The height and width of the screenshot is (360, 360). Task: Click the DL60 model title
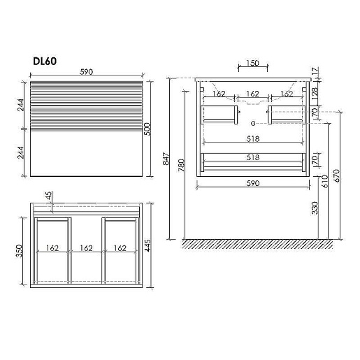click(x=45, y=61)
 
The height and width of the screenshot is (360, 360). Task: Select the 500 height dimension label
click(x=147, y=129)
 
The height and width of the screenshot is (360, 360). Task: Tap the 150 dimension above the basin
click(x=252, y=63)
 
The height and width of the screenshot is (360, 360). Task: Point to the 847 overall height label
click(x=166, y=159)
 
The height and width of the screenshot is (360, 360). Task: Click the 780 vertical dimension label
click(x=181, y=165)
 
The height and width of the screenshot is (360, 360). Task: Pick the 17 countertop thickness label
click(x=315, y=71)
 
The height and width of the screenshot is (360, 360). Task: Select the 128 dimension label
click(x=315, y=93)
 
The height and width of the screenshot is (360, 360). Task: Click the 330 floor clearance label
click(x=315, y=208)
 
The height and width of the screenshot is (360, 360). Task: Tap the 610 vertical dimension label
click(x=325, y=182)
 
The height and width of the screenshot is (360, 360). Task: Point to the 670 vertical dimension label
click(x=336, y=175)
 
